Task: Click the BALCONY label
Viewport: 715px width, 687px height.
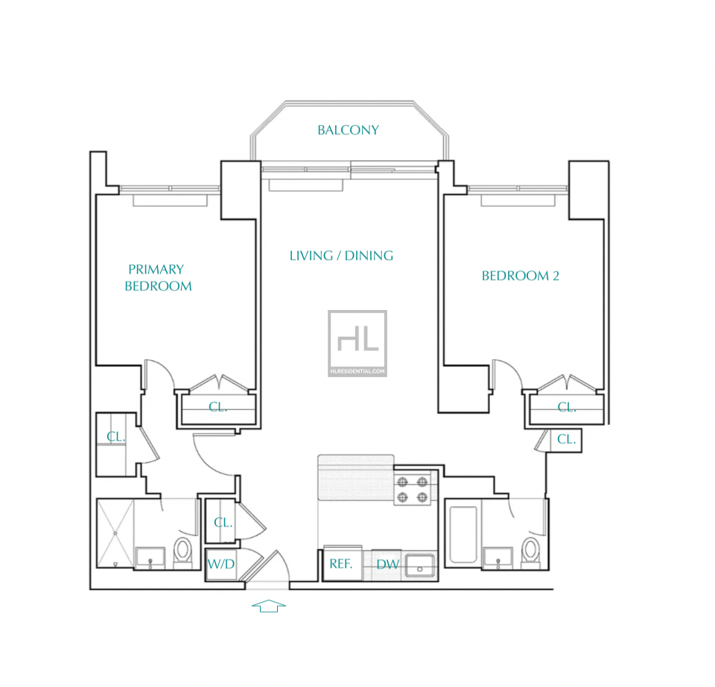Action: click(x=348, y=130)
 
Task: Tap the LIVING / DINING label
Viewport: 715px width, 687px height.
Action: click(x=341, y=256)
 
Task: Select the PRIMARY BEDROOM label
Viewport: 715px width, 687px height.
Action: click(x=158, y=277)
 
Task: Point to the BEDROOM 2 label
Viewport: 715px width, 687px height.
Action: click(x=521, y=276)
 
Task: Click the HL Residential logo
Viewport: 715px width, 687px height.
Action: click(x=357, y=343)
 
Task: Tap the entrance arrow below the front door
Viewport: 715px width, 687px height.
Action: click(x=269, y=606)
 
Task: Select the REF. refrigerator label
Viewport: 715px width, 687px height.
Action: click(x=340, y=564)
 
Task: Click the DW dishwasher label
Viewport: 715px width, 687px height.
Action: click(x=387, y=564)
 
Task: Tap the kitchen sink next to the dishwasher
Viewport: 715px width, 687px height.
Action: click(x=420, y=566)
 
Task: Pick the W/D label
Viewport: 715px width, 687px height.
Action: click(x=220, y=564)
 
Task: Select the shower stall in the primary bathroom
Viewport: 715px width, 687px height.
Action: click(x=115, y=533)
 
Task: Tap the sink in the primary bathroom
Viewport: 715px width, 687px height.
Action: click(x=150, y=558)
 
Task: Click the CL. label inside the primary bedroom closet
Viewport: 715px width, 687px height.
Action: click(x=217, y=406)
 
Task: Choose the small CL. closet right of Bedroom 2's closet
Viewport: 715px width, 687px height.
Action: click(x=566, y=440)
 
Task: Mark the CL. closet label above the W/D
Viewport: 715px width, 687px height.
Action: click(x=223, y=522)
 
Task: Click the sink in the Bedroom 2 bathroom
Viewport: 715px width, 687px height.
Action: click(x=498, y=558)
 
